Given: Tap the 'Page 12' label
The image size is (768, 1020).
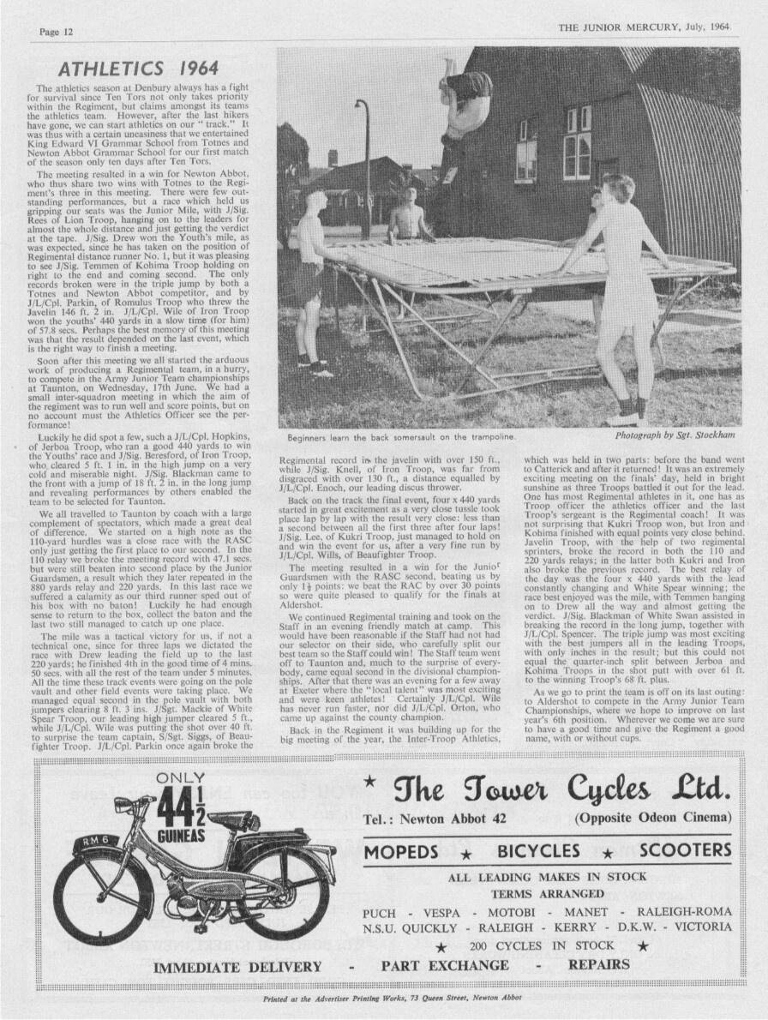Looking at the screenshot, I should click(x=56, y=32).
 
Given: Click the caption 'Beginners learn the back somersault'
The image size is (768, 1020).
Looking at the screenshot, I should click(x=401, y=437).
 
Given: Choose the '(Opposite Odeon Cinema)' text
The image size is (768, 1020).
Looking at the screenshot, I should click(x=653, y=818).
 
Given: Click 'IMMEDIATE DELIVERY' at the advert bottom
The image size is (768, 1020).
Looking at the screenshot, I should click(x=237, y=967).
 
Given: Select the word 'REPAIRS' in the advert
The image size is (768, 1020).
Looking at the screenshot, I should click(x=599, y=964).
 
